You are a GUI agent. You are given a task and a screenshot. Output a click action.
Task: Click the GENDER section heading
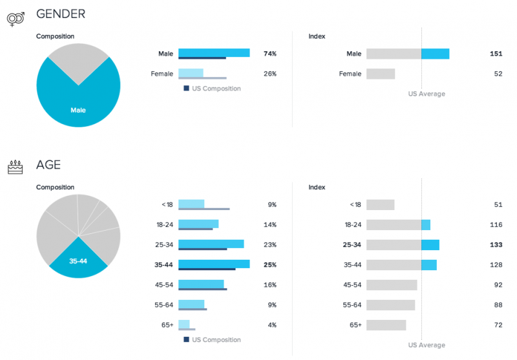[x=61, y=14]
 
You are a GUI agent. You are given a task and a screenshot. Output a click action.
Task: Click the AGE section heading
[x=48, y=165]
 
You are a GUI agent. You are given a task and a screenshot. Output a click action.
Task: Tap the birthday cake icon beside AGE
[x=15, y=167]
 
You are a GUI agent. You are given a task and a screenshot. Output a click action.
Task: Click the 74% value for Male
[x=270, y=54]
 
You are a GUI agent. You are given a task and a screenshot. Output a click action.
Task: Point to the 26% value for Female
[x=270, y=74]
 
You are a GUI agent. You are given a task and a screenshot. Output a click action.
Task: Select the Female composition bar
[x=191, y=73]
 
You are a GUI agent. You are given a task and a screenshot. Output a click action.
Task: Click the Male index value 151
[x=496, y=54]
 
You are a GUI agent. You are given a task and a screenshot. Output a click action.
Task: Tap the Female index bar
[x=381, y=74]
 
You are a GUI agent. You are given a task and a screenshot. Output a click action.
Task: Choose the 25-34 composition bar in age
[x=211, y=244]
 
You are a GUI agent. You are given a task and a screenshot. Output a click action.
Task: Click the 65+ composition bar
[x=184, y=324]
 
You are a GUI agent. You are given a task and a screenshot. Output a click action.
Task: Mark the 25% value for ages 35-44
[x=270, y=264]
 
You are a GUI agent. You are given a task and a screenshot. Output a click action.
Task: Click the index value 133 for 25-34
[x=496, y=244]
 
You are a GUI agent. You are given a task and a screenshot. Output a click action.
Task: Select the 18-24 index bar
[x=398, y=224]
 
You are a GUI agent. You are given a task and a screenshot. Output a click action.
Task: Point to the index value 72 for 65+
[x=498, y=324]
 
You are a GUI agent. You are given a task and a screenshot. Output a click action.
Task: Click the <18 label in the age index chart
[x=355, y=204]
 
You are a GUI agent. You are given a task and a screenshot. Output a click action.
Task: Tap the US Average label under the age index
[x=427, y=345]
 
